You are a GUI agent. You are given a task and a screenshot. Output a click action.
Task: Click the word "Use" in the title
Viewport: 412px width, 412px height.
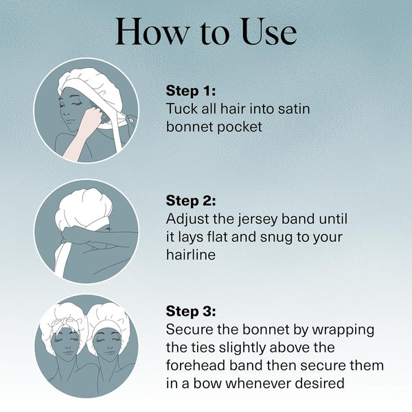pos(269,32)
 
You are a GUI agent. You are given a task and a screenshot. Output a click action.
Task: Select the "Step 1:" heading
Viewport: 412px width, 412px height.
pos(191,91)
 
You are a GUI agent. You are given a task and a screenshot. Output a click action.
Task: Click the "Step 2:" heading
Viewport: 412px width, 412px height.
pos(191,201)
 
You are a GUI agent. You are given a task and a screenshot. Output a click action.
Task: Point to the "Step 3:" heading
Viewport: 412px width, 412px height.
pos(191,311)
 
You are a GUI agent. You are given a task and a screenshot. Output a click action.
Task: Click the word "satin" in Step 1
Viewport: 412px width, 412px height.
pos(294,108)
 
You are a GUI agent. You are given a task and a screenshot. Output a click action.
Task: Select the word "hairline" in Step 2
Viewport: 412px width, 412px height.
pos(191,254)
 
